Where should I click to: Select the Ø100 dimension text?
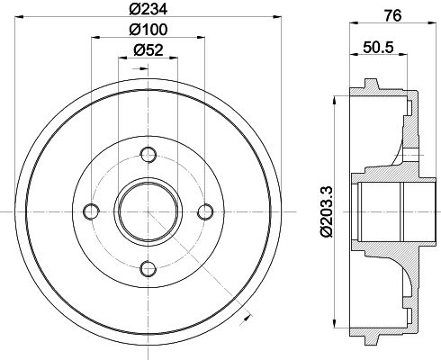(x=148, y=31)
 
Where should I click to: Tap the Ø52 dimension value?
(x=148, y=50)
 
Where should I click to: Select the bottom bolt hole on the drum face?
(x=148, y=267)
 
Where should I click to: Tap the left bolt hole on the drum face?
(x=91, y=211)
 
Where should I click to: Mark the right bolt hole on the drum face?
(x=206, y=211)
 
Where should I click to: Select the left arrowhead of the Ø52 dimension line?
(x=122, y=60)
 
